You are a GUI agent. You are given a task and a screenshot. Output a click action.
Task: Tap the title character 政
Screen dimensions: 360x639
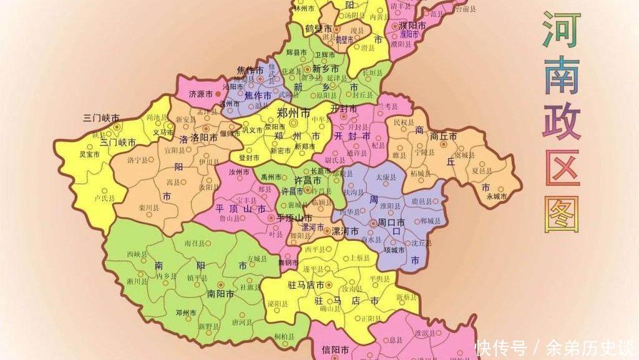(561, 123)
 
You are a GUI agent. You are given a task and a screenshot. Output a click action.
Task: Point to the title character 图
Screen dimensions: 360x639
(561, 214)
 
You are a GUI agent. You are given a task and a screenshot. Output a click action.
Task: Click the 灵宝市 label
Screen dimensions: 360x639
(89, 154)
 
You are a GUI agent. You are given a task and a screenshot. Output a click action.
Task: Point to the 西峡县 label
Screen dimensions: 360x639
(137, 255)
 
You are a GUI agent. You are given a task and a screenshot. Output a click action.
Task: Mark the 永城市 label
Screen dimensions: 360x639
(497, 196)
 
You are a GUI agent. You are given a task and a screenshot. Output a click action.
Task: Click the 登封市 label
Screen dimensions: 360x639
(248, 157)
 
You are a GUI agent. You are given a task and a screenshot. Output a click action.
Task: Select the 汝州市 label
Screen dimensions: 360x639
(239, 172)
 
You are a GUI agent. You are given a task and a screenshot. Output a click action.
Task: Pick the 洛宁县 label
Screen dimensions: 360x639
(137, 160)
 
